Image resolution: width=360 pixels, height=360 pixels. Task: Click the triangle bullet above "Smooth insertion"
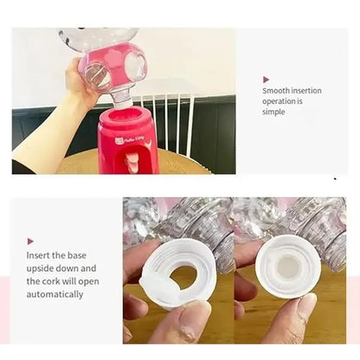pos(267,79)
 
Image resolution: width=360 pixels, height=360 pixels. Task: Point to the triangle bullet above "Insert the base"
pos(31,241)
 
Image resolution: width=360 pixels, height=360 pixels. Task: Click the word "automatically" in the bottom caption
pos(55,294)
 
